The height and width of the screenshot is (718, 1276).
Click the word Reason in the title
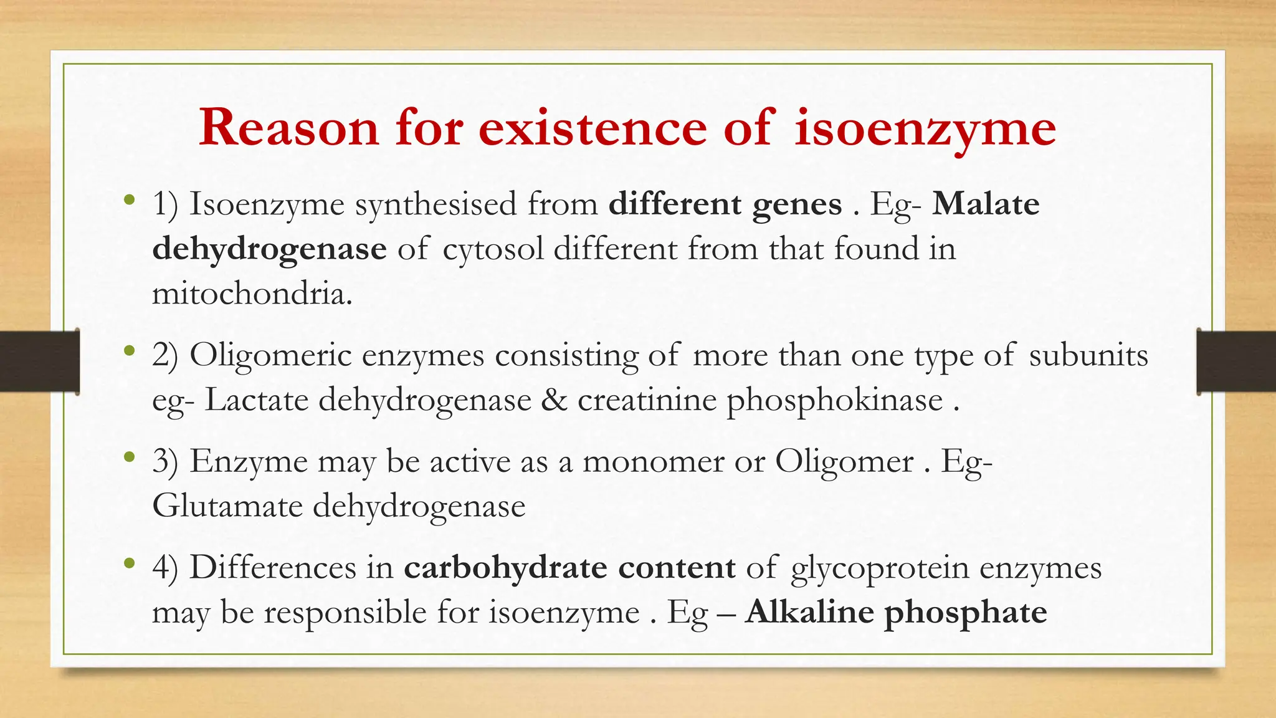click(x=288, y=128)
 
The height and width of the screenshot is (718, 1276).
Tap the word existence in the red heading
click(x=593, y=128)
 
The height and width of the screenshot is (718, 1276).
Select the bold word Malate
click(x=986, y=204)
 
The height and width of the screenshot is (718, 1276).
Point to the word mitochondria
click(x=252, y=294)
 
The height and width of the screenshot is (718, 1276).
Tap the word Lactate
click(x=256, y=400)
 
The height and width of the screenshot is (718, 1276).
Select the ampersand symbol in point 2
click(x=554, y=400)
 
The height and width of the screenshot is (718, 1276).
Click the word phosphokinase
click(x=834, y=401)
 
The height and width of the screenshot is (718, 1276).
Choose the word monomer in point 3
click(x=652, y=462)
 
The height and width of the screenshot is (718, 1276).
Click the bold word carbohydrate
click(x=505, y=568)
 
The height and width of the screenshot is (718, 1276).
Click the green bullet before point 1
click(x=129, y=201)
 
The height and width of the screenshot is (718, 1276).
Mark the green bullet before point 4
click(x=129, y=564)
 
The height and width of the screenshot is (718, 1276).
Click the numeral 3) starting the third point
click(x=165, y=462)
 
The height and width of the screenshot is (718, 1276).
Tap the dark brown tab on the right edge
click(x=1236, y=361)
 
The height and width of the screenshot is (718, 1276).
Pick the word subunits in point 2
click(x=1088, y=356)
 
